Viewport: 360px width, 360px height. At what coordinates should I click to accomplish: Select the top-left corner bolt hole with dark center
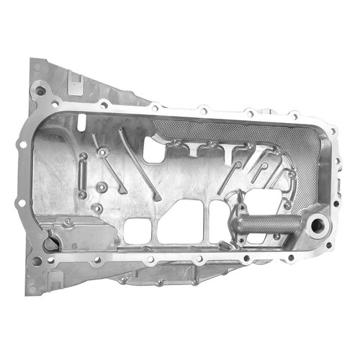[x=41, y=91]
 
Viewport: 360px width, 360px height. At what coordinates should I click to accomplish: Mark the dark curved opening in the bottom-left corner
[x=50, y=244]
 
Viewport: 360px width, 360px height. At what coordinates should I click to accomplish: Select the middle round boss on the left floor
[x=102, y=186]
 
